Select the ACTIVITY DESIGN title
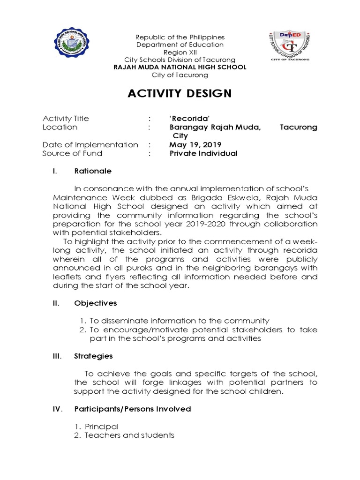pyautogui.click(x=180, y=94)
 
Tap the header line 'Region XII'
pyautogui.click(x=180, y=52)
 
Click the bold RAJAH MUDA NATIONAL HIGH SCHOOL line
pyautogui.click(x=180, y=67)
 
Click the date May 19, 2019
pyautogui.click(x=195, y=145)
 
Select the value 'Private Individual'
pyautogui.click(x=203, y=153)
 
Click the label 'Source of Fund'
pyautogui.click(x=72, y=153)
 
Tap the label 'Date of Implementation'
pyautogui.click(x=90, y=145)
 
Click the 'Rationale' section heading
pyautogui.click(x=93, y=171)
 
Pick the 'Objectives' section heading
pyautogui.click(x=96, y=303)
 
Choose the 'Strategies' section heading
pyautogui.click(x=94, y=356)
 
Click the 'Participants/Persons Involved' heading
pyautogui.click(x=133, y=409)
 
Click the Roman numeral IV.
pyautogui.click(x=57, y=409)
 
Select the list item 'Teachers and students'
pyautogui.click(x=129, y=435)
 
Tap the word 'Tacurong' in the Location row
pyautogui.click(x=299, y=127)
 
